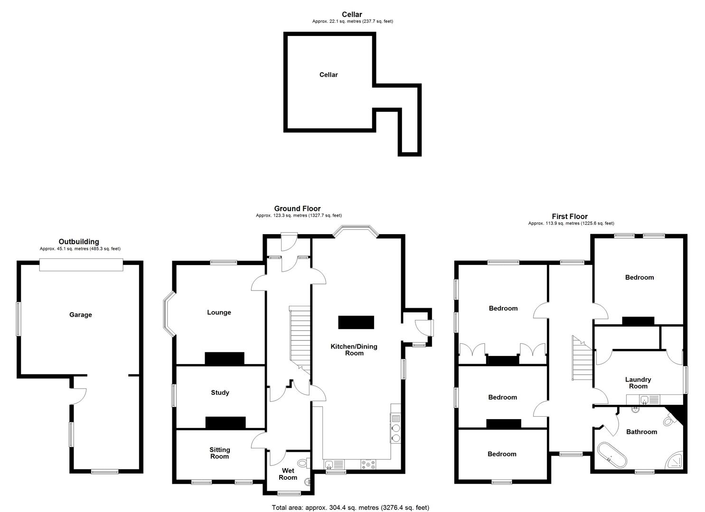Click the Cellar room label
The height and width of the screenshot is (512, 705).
point(329,75)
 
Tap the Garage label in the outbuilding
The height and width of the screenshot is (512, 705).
point(81,315)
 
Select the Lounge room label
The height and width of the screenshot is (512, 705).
point(219,312)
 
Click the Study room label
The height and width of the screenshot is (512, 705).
point(220,393)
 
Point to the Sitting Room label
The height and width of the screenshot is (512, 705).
point(219,453)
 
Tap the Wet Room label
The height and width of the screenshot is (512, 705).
point(288,474)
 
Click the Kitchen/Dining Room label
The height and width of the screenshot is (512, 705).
point(354,349)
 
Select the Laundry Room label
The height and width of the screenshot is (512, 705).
point(638,383)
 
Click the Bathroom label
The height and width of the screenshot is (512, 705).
point(641,432)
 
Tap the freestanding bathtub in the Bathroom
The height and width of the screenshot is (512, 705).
point(612,455)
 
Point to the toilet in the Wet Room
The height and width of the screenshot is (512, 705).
point(302,463)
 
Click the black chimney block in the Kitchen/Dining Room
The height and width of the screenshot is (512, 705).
point(356,322)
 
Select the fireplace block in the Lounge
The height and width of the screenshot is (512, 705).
point(225,358)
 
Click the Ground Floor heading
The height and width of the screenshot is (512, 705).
point(297,209)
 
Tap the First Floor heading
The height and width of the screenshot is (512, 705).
point(569,217)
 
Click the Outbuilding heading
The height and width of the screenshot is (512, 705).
point(79,242)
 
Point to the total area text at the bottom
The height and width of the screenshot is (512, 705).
point(350,508)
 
